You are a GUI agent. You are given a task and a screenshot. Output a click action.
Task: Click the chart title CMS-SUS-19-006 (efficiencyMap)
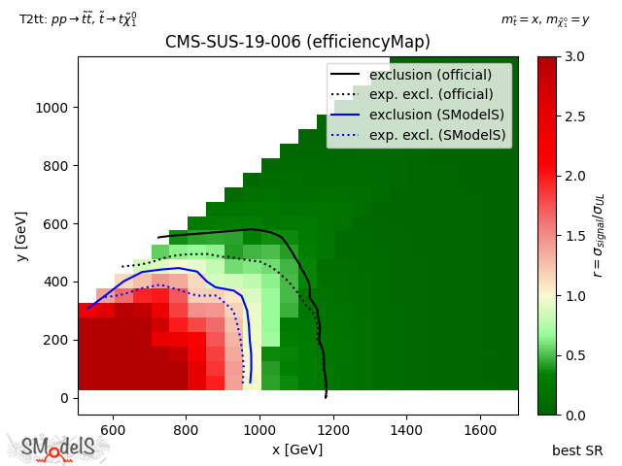pos(297,42)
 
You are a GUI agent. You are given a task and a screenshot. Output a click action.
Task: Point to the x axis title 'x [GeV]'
pos(297,449)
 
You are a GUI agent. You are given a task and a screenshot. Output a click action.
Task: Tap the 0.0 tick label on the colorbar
pos(573,415)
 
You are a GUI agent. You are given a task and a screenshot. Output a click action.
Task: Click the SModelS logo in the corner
pos(58,448)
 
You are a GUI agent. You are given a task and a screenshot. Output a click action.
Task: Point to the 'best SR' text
pos(577,450)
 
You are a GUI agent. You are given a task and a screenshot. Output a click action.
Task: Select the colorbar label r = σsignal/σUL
pos(599,235)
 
